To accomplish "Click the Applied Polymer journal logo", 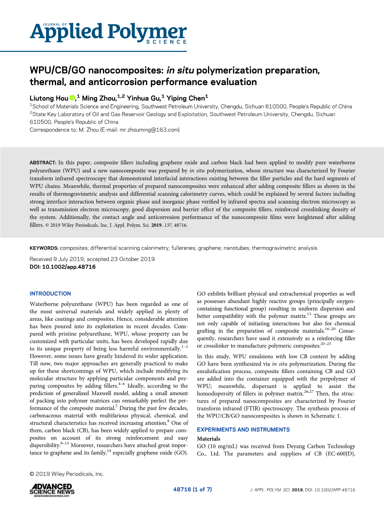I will pyautogui.click(x=108, y=32).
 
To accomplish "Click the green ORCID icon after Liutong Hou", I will pyautogui.click(x=72, y=98).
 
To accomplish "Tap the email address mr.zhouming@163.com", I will pyautogui.click(x=149, y=130).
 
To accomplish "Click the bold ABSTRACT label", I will pyautogui.click(x=43, y=162).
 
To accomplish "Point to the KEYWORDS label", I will pyautogui.click(x=44, y=248).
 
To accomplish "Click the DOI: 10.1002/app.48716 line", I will pyautogui.click(x=63, y=267).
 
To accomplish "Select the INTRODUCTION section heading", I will pyautogui.click(x=50, y=293).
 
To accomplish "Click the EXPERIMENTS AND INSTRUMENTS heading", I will pyautogui.click(x=243, y=430).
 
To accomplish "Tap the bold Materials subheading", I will pyautogui.click(x=208, y=439).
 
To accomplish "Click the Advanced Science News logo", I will pyautogui.click(x=52, y=489).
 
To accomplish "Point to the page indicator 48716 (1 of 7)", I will pyautogui.click(x=192, y=489).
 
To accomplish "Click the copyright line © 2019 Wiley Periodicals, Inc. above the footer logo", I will pyautogui.click(x=66, y=474).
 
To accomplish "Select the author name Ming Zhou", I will pyautogui.click(x=98, y=98).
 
